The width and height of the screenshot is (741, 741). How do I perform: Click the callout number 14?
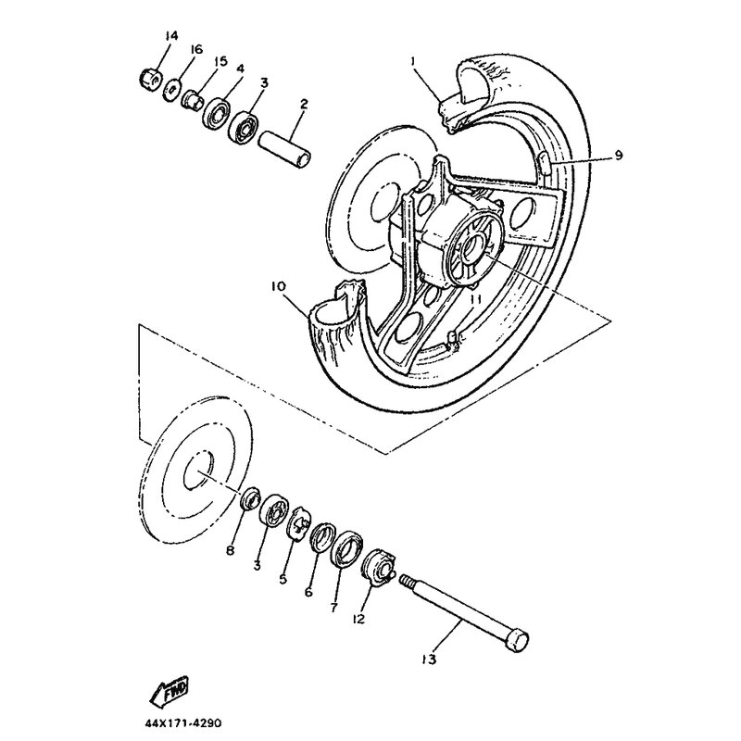click(x=170, y=36)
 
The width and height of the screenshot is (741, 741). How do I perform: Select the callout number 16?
click(x=195, y=49)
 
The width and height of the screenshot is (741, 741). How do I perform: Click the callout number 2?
click(x=302, y=107)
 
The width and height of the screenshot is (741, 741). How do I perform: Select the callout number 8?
click(x=231, y=551)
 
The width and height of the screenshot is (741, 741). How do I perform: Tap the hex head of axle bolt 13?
click(x=518, y=640)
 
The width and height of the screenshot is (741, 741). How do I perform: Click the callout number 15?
click(x=220, y=61)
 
